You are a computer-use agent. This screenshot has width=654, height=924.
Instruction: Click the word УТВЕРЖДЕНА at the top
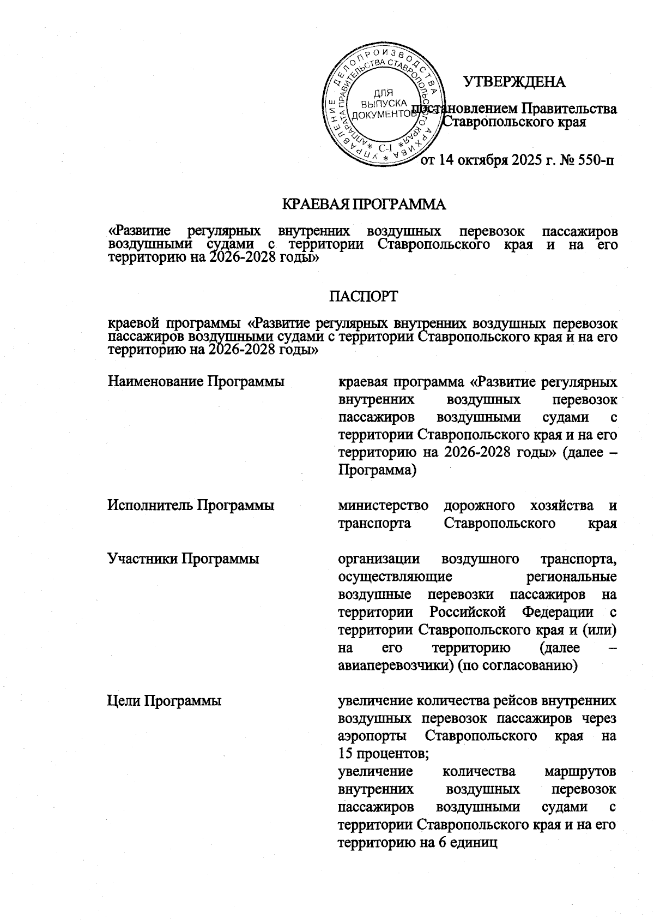click(514, 82)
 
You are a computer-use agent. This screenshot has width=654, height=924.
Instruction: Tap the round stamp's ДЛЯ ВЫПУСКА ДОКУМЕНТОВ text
click(384, 104)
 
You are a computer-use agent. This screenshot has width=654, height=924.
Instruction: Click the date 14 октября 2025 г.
click(493, 160)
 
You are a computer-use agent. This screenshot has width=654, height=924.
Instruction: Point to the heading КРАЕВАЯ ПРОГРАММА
click(364, 205)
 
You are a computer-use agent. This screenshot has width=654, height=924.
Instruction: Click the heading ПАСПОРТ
click(364, 296)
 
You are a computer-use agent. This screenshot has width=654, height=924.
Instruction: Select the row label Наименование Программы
click(196, 381)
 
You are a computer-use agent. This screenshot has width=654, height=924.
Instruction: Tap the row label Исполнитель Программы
click(191, 506)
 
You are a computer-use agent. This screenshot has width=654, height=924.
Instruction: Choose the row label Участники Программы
click(183, 559)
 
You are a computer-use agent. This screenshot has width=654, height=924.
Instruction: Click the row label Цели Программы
click(164, 700)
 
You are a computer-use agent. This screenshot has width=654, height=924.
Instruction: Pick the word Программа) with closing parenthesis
click(377, 470)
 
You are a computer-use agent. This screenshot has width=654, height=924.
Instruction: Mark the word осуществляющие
click(394, 577)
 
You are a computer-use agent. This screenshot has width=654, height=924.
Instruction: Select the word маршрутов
click(580, 772)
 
